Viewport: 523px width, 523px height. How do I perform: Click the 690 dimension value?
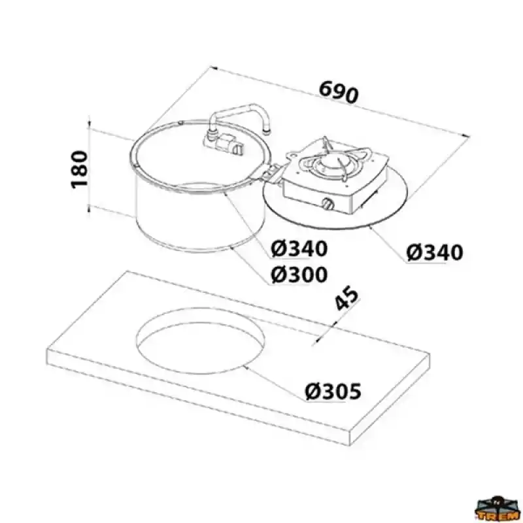point(339,92)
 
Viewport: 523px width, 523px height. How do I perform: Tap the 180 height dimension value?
point(79,169)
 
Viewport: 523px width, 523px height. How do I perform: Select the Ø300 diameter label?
point(299,275)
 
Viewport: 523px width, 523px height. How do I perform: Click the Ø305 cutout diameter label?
point(333,392)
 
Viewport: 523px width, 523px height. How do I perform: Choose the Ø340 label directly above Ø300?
point(299,249)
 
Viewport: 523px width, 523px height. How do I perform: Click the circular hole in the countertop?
point(201,341)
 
